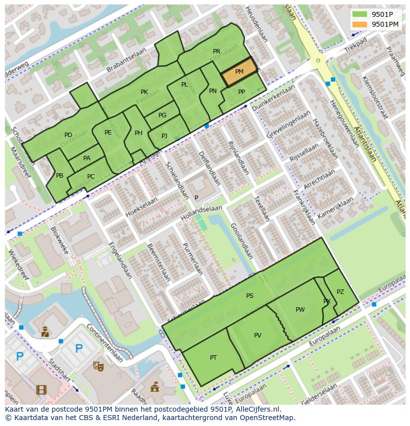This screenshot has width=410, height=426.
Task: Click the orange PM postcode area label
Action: pyautogui.click(x=239, y=72)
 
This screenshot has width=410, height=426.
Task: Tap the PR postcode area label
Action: pyautogui.click(x=216, y=51)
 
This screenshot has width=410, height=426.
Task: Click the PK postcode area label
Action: pyautogui.click(x=144, y=92)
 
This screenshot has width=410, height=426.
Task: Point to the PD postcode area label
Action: pyautogui.click(x=68, y=135)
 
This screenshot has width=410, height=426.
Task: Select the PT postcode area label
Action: pyautogui.click(x=213, y=357)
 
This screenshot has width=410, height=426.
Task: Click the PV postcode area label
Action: pyautogui.click(x=257, y=335)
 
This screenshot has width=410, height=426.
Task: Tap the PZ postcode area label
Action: pyautogui.click(x=340, y=292)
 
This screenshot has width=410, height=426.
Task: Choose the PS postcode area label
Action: pyautogui.click(x=250, y=296)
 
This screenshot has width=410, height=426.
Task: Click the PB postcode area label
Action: pyautogui.click(x=59, y=176)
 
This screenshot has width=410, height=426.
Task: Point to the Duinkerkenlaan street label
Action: pyautogui.click(x=273, y=97)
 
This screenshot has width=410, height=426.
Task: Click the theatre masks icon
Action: pyautogui.click(x=99, y=366)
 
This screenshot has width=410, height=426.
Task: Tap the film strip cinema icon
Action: pyautogui.click(x=41, y=390)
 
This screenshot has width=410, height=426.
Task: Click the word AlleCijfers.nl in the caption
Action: pyautogui.click(x=258, y=409)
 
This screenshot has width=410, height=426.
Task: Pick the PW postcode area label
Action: pyautogui.click(x=300, y=310)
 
